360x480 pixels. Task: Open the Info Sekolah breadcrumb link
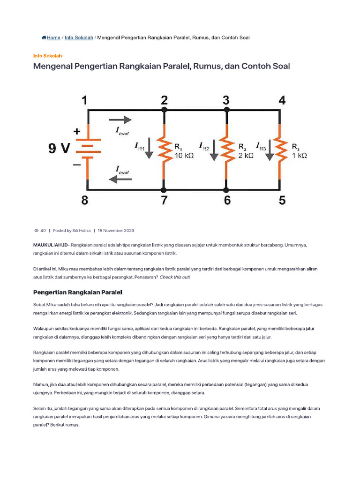[79, 37]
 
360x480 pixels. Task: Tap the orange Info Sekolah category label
[47, 55]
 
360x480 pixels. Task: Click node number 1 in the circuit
[84, 100]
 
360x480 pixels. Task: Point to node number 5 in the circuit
[282, 201]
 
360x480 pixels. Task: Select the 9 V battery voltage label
[59, 149]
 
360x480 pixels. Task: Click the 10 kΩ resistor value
[184, 156]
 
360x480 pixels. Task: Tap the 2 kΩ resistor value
[246, 156]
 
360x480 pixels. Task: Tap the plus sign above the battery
[76, 132]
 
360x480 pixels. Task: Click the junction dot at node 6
[226, 190]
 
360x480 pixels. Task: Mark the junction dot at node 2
[164, 110]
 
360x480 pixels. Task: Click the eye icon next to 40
[37, 231]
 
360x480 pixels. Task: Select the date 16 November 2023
[116, 231]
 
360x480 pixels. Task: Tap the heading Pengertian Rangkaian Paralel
[78, 292]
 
